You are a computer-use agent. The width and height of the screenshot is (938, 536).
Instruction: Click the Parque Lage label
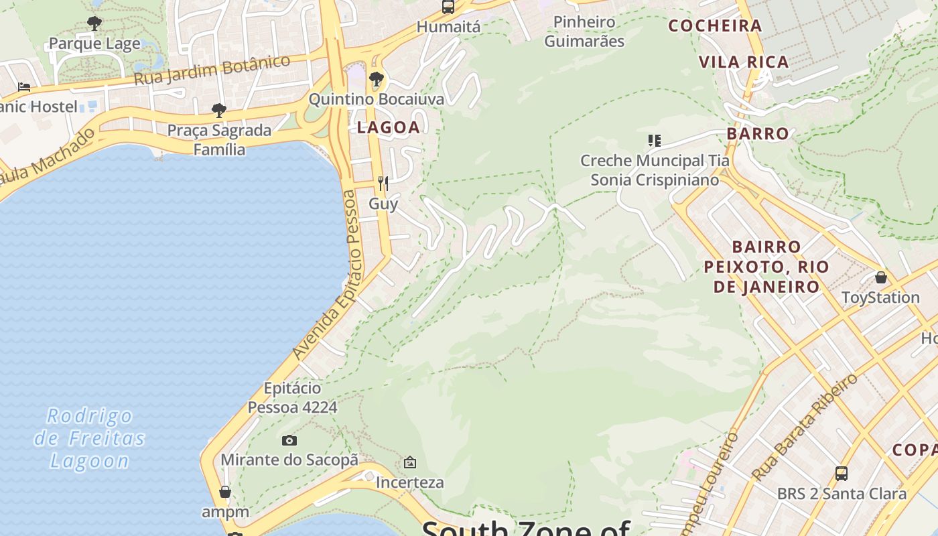pos(94,44)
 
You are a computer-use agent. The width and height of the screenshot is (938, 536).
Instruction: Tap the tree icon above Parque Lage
pos(94,23)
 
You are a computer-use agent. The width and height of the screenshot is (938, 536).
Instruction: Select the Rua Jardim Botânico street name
pos(212,70)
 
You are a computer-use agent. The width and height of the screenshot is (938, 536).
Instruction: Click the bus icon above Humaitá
pos(448,7)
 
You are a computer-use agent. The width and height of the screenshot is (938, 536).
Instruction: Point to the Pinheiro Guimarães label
pos(584,31)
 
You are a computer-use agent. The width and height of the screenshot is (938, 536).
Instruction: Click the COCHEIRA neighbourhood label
pos(716,26)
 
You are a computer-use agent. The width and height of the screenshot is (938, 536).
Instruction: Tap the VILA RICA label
pos(744,62)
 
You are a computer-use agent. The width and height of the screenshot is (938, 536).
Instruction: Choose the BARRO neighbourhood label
pos(758,133)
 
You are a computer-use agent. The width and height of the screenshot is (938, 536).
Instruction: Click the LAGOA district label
pos(389,127)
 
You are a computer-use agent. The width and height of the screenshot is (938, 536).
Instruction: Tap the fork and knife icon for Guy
pos(383,183)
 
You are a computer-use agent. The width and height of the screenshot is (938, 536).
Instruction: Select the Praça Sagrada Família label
pos(219,139)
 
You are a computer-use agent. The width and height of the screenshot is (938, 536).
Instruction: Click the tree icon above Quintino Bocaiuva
pos(377,80)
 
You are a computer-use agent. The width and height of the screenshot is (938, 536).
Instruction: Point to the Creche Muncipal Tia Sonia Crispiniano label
pos(655,170)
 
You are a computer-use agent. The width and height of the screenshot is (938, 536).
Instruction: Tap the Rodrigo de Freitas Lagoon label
pos(90,438)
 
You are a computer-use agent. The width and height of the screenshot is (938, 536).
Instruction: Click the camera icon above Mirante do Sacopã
pos(289,440)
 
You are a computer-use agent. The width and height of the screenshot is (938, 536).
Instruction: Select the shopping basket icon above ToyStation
pos(880,277)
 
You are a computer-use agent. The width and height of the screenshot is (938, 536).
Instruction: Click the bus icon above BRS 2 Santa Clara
pos(842,474)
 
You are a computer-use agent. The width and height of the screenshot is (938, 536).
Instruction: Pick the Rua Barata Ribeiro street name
pos(805,426)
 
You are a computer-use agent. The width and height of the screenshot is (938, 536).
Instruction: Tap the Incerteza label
pos(409,482)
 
